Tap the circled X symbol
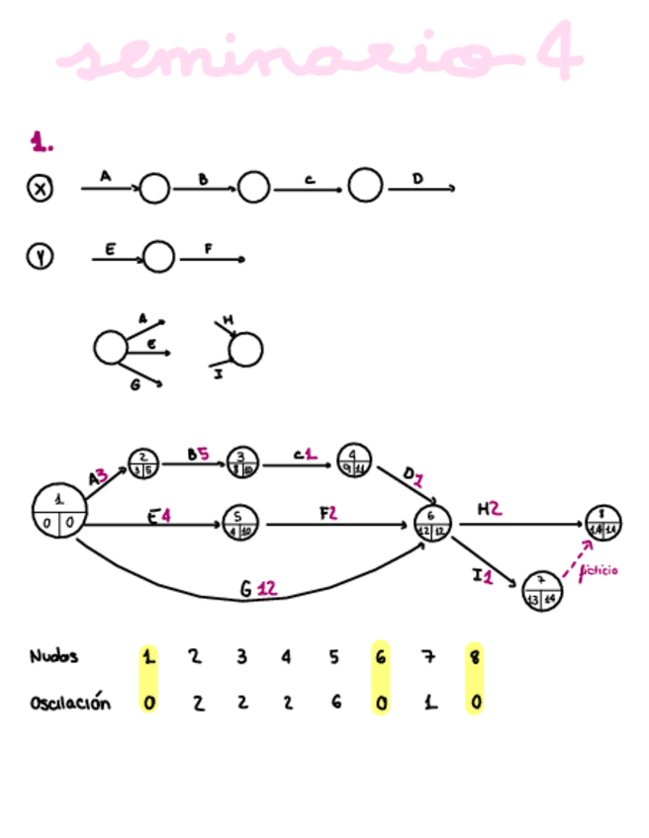tap(40, 188)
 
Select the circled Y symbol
tap(40, 258)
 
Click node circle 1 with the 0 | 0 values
tap(59, 511)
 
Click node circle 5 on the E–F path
tap(239, 521)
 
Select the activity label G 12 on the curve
tap(258, 589)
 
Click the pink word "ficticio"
tap(600, 570)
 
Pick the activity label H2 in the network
tap(489, 509)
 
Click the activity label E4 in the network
tap(160, 516)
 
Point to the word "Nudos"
tap(53, 656)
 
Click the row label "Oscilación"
tap(69, 704)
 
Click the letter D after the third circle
tap(417, 179)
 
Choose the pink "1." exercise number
tap(42, 144)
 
